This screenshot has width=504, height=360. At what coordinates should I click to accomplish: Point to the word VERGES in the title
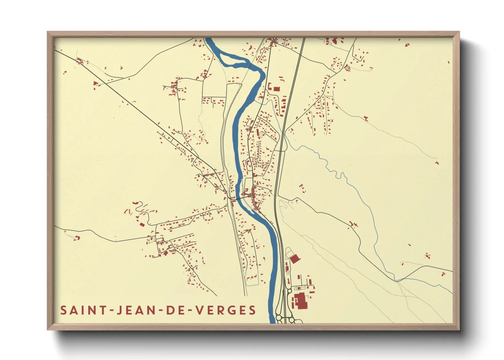pos(226,310)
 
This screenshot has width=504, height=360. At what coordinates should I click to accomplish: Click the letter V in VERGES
pos(201,310)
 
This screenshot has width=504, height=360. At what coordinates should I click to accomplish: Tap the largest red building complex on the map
pos(300,301)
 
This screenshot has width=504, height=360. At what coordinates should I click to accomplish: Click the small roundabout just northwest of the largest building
pos(290,291)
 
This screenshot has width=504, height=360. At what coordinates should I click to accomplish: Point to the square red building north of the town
pos(277,89)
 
